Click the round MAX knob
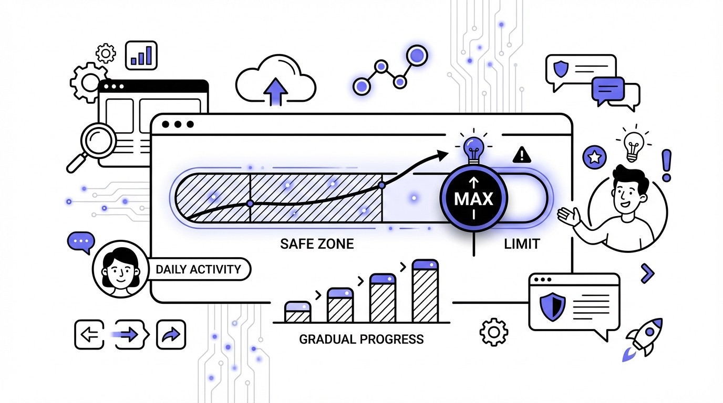click(473, 199)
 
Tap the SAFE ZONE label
click(317, 243)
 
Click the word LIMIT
click(521, 243)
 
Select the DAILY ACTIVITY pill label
click(198, 270)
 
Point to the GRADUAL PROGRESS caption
click(361, 339)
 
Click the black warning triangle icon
click(521, 154)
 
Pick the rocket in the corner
click(644, 337)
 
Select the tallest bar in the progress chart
click(425, 291)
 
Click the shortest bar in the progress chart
click(297, 312)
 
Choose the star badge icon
click(594, 156)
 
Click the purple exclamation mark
click(667, 165)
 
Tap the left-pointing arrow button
click(89, 334)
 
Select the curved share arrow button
click(171, 334)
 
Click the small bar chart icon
click(141, 55)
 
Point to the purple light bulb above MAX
click(474, 145)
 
